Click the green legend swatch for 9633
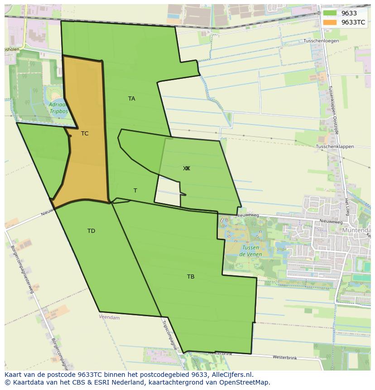[330, 14]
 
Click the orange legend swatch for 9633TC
[330, 22]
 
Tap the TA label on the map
[131, 99]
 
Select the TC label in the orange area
[85, 134]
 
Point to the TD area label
[91, 231]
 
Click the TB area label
[191, 277]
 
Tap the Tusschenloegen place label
[321, 41]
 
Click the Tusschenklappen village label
[335, 147]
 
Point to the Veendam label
[109, 318]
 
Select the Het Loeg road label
[347, 206]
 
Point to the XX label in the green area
[186, 169]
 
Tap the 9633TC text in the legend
[353, 22]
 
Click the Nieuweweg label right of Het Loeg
[331, 221]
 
